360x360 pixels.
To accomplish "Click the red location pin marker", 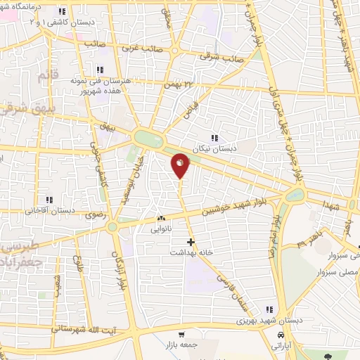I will (181, 165).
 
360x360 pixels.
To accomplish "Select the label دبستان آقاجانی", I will (51, 210).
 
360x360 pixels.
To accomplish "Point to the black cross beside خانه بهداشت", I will (190, 241).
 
